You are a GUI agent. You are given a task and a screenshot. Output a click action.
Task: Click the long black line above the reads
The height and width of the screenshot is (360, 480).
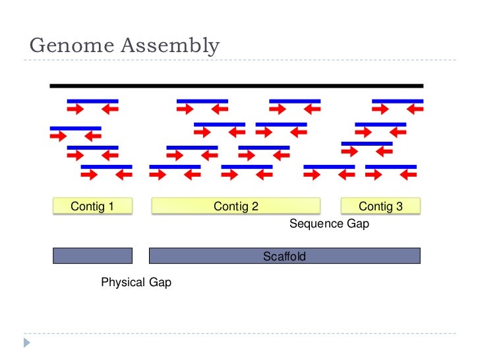pos(237,86)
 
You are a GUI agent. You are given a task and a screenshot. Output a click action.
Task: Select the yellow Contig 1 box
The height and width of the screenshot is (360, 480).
pos(92,206)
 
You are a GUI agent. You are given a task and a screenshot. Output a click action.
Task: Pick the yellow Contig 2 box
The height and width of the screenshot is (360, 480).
pos(235,206)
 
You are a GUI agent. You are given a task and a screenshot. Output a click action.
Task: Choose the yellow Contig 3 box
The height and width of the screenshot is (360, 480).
pos(380,206)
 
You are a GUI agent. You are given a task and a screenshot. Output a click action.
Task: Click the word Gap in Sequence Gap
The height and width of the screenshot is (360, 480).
pos(357,224)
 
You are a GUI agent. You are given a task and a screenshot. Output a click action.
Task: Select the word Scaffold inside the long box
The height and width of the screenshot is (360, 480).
pos(284,256)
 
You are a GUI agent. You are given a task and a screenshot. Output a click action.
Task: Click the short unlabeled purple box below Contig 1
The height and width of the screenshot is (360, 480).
pos(92,256)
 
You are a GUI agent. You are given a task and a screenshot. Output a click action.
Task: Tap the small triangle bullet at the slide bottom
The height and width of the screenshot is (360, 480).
pos(27,342)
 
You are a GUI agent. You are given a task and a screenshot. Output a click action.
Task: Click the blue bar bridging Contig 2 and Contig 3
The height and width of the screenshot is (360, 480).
pos(329,167)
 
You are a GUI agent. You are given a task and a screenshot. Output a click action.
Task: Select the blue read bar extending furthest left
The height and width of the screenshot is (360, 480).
pos(76,128)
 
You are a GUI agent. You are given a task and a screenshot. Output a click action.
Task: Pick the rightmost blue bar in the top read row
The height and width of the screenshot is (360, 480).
pos(398,102)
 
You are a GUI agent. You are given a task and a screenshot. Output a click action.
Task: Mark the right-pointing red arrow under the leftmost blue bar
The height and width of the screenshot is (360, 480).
pos(58,136)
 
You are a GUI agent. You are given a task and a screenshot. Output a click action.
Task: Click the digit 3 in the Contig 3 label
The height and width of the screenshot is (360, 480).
pos(399,206)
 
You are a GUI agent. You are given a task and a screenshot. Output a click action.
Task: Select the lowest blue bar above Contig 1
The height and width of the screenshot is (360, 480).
pos(106,167)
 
